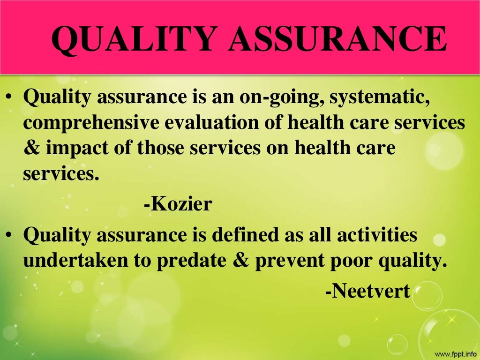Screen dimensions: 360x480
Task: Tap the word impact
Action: tap(87, 149)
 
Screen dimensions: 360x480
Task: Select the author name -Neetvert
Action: tap(367, 292)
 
